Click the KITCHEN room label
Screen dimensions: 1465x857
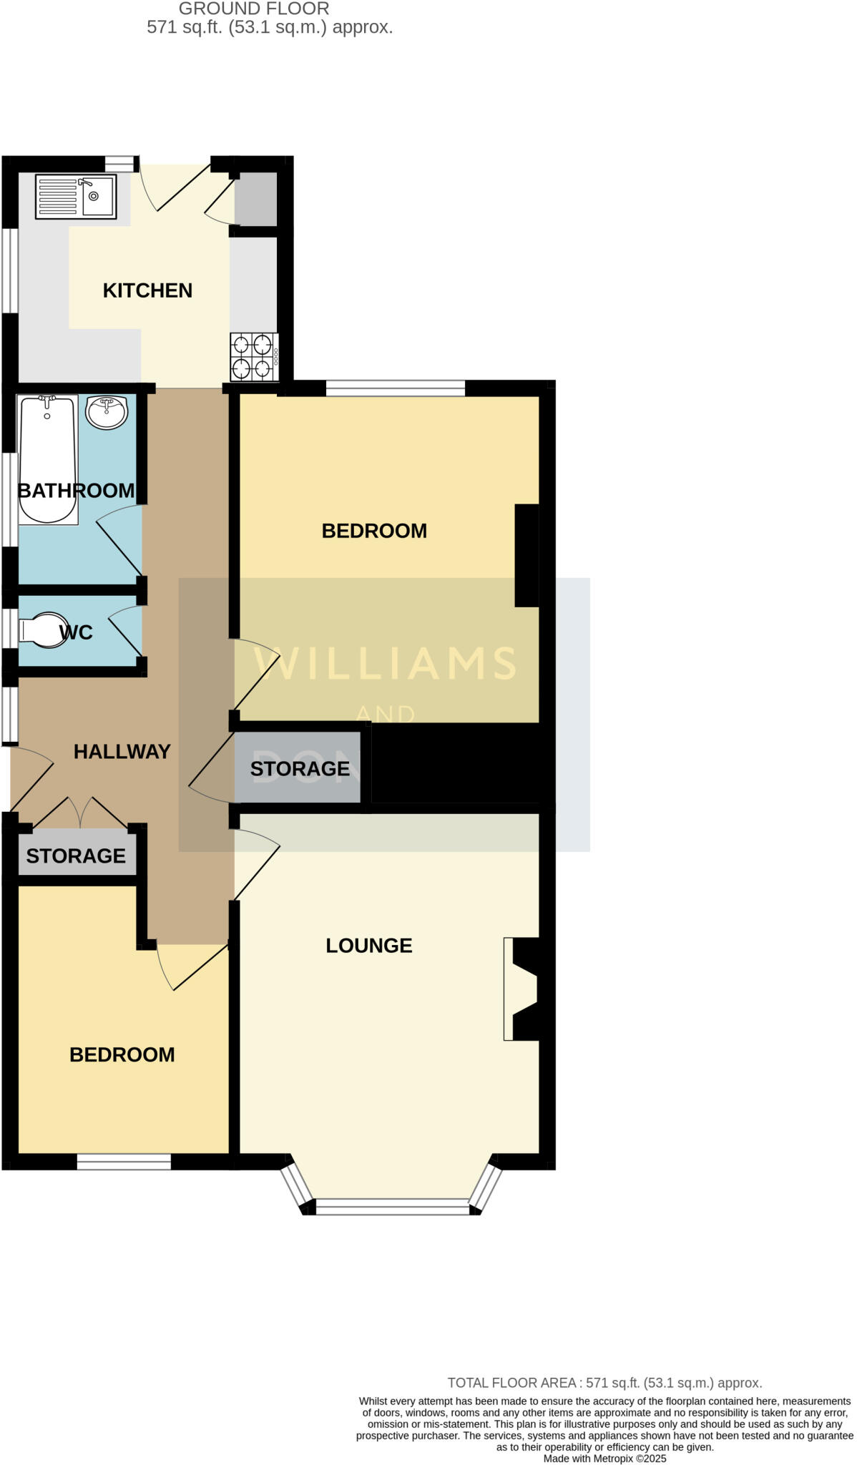tap(147, 290)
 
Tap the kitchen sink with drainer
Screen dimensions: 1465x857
tap(76, 196)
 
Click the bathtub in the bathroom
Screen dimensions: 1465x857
tap(47, 459)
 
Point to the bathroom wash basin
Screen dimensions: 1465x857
tap(107, 413)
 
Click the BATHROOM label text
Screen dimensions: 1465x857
tap(76, 491)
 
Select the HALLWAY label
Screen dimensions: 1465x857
tap(122, 752)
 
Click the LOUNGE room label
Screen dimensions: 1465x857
tap(369, 946)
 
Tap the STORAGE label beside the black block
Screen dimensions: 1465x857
tap(300, 769)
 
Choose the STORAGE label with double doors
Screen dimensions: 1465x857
tap(76, 856)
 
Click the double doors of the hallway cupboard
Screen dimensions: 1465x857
tap(80, 814)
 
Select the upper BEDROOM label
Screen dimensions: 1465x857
tap(374, 531)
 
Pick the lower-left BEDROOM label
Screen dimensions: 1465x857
tap(122, 1055)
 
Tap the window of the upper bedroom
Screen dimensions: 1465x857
tap(396, 389)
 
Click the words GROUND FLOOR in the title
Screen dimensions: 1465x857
tap(254, 9)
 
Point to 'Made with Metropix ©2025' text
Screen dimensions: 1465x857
tap(604, 1459)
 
